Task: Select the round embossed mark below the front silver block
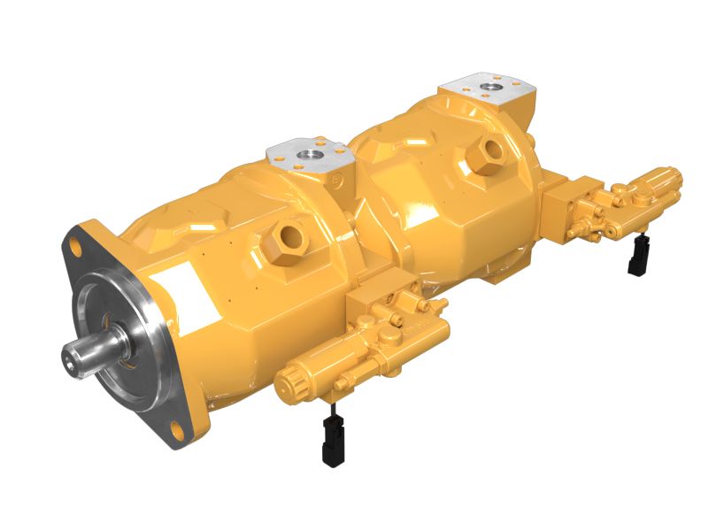[340, 184]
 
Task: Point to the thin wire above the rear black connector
[637, 237]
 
